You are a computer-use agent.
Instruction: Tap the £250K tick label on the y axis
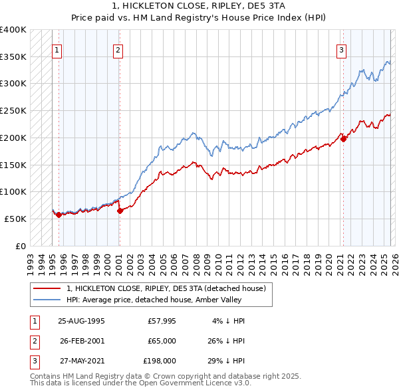coord(13,111)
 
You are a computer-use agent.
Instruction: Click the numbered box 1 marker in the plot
coord(57,49)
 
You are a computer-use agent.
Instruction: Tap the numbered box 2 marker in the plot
coord(118,49)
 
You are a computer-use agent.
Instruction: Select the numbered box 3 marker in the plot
coord(341,49)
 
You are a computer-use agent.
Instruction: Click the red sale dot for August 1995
coord(59,215)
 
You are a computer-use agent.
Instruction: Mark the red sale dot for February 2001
coord(120,211)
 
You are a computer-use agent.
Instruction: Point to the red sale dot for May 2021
coord(344,139)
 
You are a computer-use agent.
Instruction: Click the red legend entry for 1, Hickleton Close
coord(166,288)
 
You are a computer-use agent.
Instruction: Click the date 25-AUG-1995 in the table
coord(81,321)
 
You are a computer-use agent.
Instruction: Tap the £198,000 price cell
coord(160,361)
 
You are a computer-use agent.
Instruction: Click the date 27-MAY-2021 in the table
coord(81,361)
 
